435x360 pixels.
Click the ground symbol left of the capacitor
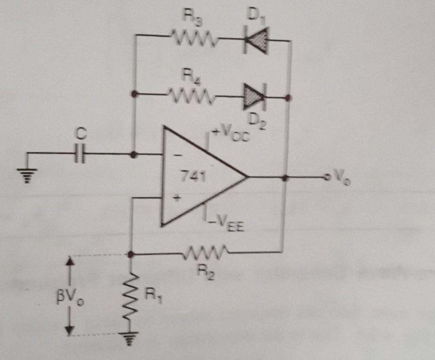(x=27, y=174)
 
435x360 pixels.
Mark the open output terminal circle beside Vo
(x=326, y=178)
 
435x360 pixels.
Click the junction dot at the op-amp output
(x=286, y=178)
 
